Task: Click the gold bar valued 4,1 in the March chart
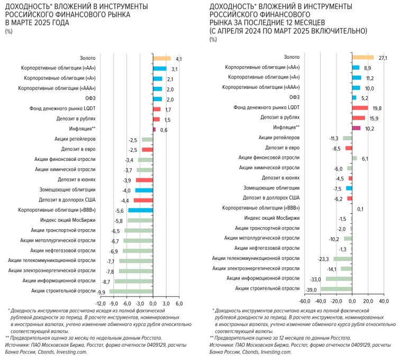click(x=162, y=59)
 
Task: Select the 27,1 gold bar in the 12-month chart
click(x=363, y=57)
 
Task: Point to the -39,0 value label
click(x=312, y=289)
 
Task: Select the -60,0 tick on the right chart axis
click(x=305, y=301)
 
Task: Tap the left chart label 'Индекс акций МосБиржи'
click(x=67, y=220)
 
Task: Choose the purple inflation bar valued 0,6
click(x=154, y=129)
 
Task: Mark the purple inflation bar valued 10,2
click(x=356, y=128)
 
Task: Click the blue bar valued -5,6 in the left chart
click(x=140, y=210)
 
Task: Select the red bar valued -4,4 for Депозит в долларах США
click(x=143, y=200)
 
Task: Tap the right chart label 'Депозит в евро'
click(x=282, y=148)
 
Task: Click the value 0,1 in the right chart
click(x=360, y=209)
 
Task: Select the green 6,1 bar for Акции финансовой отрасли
click(x=354, y=158)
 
